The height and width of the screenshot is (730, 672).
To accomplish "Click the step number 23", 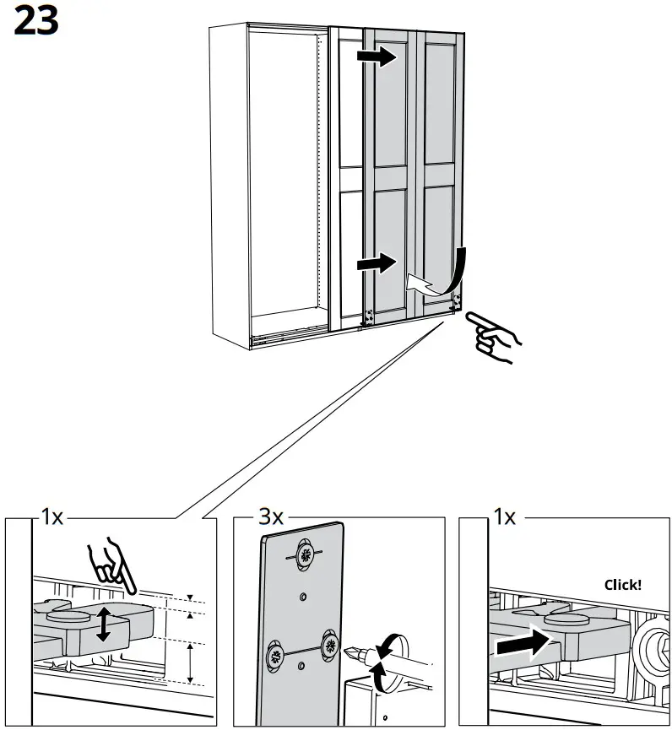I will click(x=36, y=23).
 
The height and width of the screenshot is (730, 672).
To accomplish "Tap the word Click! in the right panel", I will click(x=623, y=584).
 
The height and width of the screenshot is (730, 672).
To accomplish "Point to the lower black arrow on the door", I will click(x=376, y=264).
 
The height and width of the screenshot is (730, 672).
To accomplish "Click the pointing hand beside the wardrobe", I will click(x=494, y=335).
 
